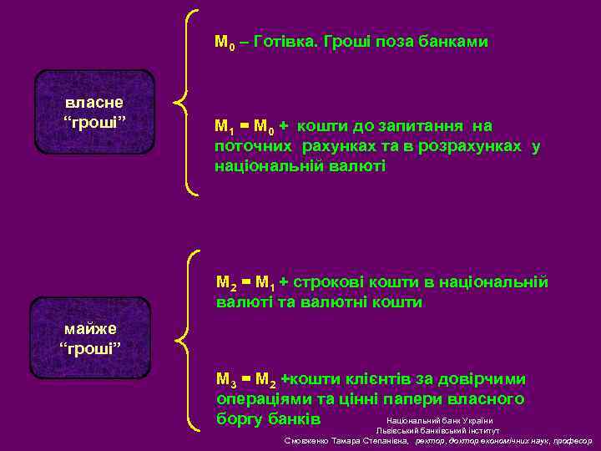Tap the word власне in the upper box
pos(94,102)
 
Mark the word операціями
pos(262,399)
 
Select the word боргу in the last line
pos(240,418)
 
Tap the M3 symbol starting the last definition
pos(225,380)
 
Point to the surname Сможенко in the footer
pos(308,440)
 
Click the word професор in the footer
pos(571,440)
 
